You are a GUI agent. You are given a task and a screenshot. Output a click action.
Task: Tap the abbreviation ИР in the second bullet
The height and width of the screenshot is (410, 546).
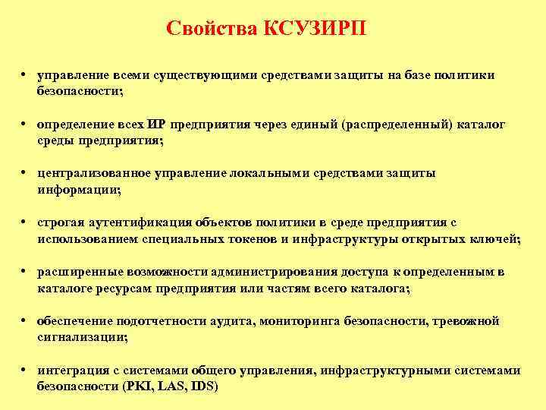157,125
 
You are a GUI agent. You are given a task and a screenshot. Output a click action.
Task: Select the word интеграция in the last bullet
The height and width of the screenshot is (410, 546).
71,371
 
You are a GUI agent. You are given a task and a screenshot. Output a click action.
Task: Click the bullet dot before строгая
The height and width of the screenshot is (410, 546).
25,222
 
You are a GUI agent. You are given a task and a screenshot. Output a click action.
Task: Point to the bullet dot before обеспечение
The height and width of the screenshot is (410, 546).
25,321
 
